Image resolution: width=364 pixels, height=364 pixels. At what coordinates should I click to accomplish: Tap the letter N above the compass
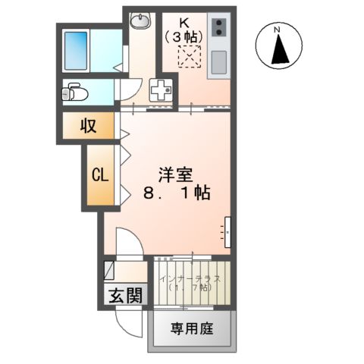pyautogui.click(x=278, y=30)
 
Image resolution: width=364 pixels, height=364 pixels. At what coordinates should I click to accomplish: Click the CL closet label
pyautogui.click(x=100, y=175)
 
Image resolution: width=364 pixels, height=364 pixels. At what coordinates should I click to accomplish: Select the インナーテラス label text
pyautogui.click(x=191, y=279)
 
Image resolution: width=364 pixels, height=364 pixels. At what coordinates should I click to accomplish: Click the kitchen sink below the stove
pyautogui.click(x=218, y=61)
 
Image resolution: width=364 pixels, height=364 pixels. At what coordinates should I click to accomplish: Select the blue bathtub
pyautogui.click(x=77, y=49)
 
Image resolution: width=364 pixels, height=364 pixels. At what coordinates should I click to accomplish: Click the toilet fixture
pyautogui.click(x=77, y=93)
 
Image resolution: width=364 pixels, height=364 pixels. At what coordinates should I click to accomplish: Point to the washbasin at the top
pyautogui.click(x=140, y=21)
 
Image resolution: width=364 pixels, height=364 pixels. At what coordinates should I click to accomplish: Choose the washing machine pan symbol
pyautogui.click(x=162, y=89)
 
